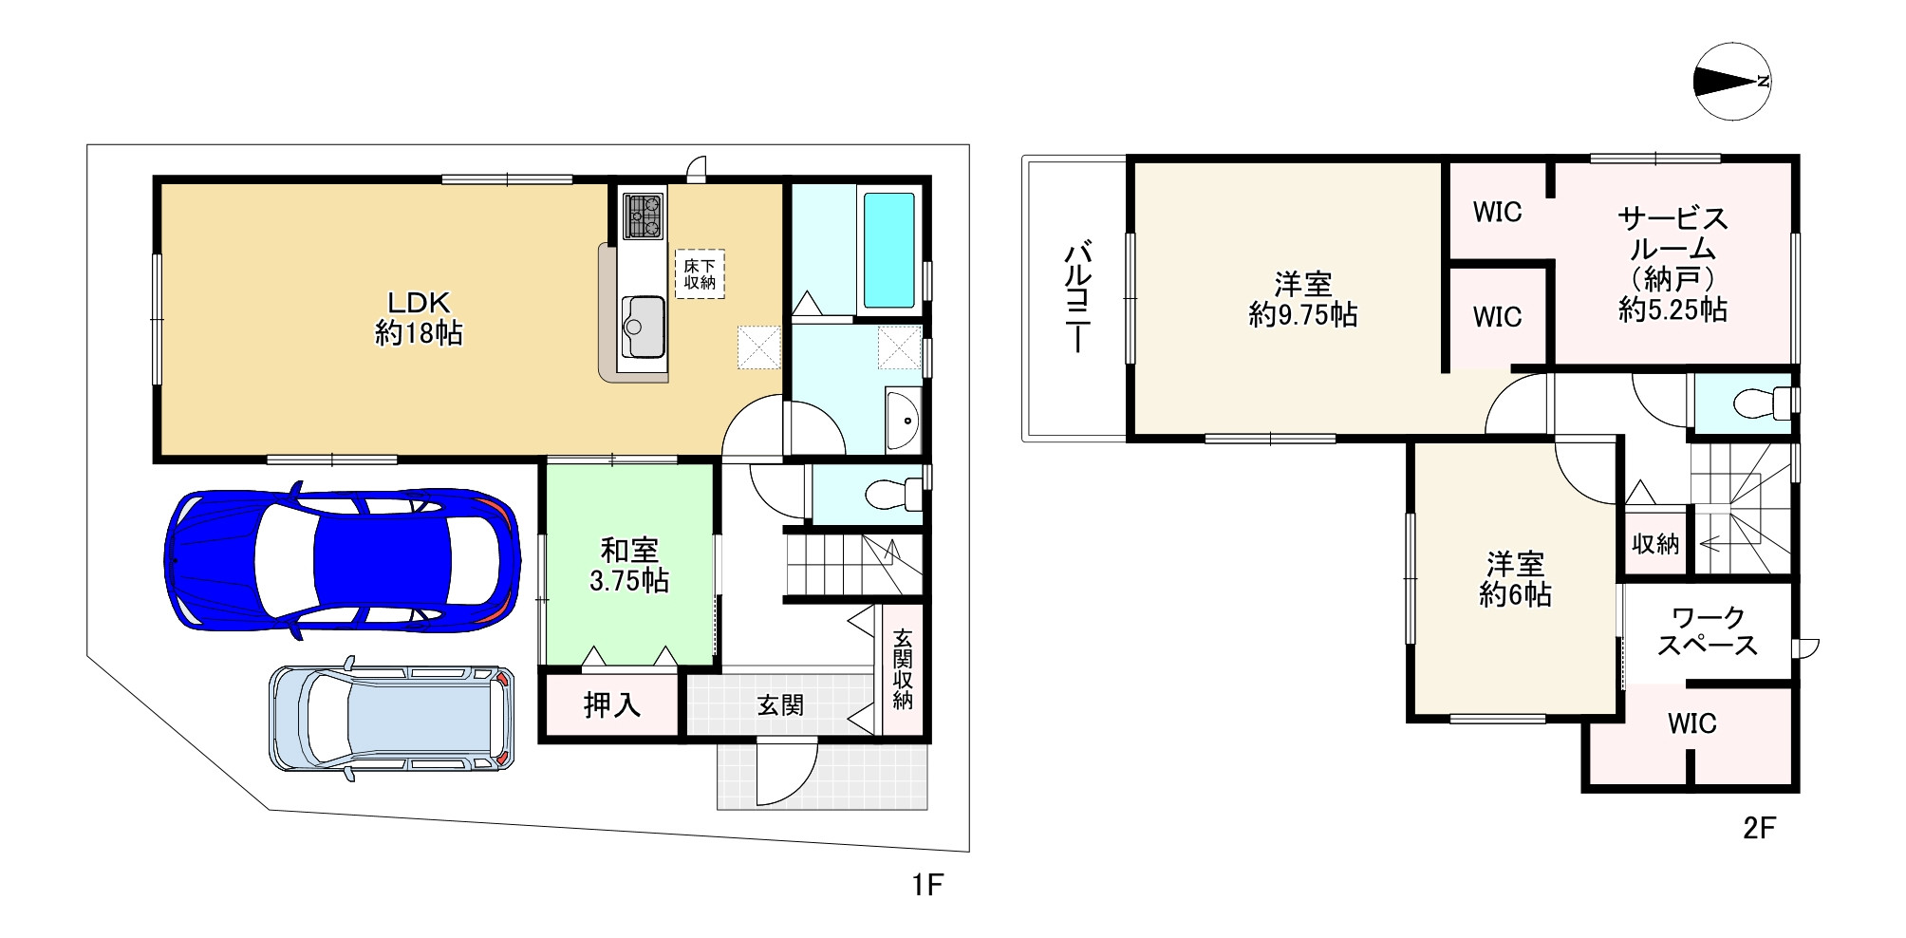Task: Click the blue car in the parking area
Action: [343, 561]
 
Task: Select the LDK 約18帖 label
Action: [419, 318]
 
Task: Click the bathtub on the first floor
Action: [889, 248]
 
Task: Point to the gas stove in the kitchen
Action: [643, 216]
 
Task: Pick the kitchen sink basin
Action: [643, 327]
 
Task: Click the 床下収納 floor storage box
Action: [701, 274]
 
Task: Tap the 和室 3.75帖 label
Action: [629, 565]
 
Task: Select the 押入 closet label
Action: [612, 704]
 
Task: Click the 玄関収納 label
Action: [903, 668]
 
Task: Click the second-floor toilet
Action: [1765, 403]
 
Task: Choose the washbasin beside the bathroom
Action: [902, 418]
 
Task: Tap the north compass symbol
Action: [1732, 82]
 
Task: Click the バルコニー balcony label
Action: [1077, 298]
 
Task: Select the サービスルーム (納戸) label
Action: [1672, 264]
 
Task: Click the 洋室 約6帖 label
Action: [1515, 579]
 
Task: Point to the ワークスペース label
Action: [1708, 631]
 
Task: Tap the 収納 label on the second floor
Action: [1655, 543]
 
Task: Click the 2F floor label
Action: [1759, 828]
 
